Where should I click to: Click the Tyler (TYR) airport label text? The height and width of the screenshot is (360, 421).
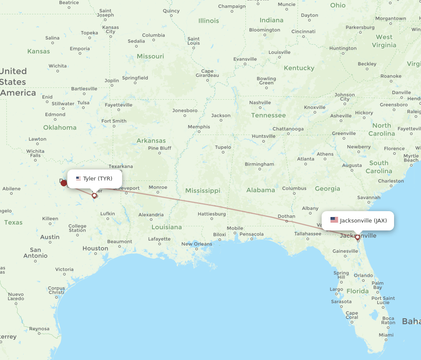point(98,178)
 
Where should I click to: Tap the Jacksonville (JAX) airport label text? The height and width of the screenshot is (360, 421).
point(363,220)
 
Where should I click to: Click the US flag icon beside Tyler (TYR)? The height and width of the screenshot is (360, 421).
point(78,178)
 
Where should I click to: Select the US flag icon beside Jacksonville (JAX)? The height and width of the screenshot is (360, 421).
point(334,220)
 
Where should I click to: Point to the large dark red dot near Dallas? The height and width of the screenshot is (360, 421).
point(64,183)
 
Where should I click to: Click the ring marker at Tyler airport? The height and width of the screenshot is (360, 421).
point(94,195)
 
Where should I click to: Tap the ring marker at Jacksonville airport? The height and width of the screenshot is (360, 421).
point(357,237)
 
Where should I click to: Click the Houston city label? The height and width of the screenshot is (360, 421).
point(95,249)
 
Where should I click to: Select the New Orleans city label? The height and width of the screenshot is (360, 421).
point(197,244)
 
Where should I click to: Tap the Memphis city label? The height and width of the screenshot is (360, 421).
point(199,127)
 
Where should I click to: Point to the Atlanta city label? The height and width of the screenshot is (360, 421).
point(306,159)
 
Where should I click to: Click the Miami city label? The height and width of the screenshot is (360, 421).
point(383,335)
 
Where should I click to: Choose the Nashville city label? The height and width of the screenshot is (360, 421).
point(260,103)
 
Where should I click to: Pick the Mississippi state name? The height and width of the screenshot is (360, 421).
point(203,191)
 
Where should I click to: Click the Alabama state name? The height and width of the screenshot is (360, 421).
point(261,190)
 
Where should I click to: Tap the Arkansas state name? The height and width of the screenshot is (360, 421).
point(151,140)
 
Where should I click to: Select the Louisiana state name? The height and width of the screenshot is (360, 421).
point(167,227)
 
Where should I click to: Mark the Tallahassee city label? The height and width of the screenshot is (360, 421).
point(308,233)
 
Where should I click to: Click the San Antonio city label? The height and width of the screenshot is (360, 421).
point(35,252)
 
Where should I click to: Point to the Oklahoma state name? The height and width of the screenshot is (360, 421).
point(60,127)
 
